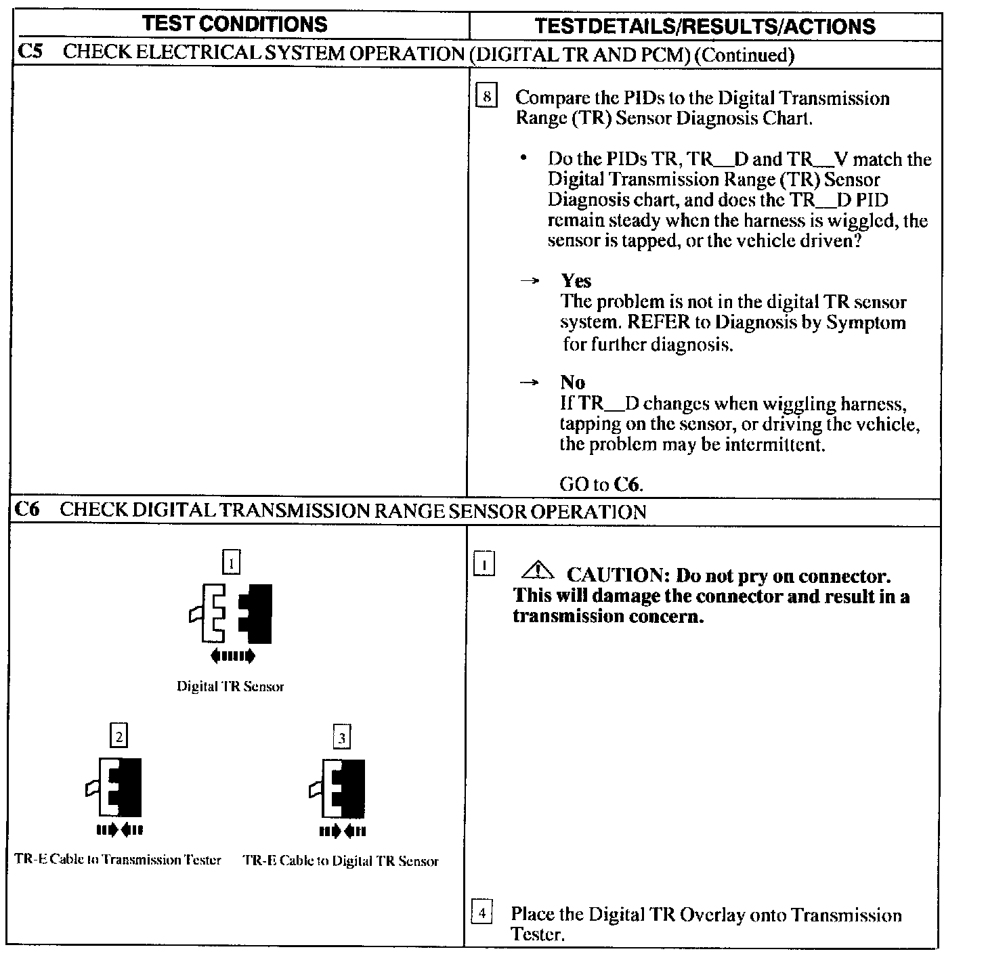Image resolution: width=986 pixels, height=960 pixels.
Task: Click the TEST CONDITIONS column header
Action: [235, 24]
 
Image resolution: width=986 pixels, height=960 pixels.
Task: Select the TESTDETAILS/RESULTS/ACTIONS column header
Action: [704, 26]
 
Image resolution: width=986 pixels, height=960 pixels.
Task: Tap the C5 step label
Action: [30, 53]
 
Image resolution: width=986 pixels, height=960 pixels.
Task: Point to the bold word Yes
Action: [576, 281]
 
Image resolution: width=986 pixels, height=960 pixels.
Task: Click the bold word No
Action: [572, 383]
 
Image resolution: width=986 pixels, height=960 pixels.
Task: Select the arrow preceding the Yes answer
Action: [529, 281]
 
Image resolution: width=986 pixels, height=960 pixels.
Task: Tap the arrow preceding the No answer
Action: [529, 383]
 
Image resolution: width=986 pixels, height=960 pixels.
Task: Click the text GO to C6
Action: [601, 485]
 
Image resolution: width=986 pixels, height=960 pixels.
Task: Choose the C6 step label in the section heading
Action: [28, 510]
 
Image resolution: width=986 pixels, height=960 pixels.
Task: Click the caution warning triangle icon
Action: [538, 572]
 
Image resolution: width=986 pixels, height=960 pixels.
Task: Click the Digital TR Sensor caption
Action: [230, 686]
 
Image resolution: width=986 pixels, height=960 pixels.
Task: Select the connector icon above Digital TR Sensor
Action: [232, 613]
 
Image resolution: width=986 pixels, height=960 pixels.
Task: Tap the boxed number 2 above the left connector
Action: [119, 736]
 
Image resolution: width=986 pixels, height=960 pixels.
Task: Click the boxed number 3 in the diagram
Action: [342, 737]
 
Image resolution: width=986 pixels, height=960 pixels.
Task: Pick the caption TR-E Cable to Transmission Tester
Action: [118, 860]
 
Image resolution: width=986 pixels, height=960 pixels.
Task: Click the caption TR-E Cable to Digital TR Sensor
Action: [341, 861]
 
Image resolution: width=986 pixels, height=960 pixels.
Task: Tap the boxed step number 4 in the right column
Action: [481, 913]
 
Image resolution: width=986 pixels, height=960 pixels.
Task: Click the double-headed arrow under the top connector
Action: [233, 655]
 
